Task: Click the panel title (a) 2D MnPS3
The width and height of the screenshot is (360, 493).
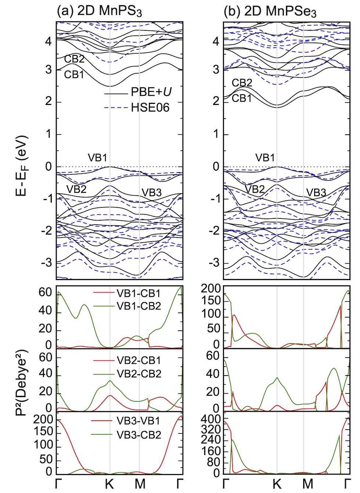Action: click(99, 11)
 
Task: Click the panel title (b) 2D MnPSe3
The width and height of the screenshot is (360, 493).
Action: click(270, 11)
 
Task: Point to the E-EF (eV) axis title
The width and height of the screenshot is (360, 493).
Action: click(22, 166)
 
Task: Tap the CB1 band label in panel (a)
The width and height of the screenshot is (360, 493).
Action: click(74, 75)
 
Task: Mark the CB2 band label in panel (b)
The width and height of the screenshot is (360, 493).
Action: click(242, 83)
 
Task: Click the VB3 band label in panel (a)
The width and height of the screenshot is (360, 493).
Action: click(151, 192)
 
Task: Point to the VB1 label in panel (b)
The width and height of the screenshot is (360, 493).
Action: click(265, 158)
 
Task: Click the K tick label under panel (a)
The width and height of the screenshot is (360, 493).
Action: click(109, 484)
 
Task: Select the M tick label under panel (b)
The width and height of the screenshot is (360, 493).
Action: click(307, 484)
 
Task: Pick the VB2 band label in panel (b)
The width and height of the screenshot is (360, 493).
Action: click(255, 189)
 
